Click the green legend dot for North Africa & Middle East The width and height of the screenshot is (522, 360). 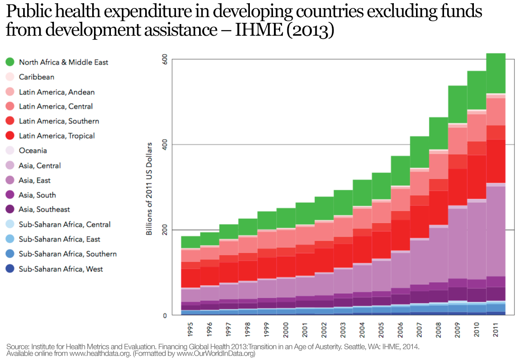10,62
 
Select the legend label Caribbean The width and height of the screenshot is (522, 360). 37,77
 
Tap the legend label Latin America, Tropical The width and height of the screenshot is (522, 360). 57,136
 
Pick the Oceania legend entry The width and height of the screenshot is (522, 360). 33,151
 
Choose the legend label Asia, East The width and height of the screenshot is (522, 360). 34,180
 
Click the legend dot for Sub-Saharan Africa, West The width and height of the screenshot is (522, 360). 10,269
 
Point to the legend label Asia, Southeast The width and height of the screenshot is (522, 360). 44,209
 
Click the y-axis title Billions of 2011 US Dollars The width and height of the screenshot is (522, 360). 150,188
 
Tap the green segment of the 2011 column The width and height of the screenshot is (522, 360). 495,74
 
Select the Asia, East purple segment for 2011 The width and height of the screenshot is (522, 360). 495,229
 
